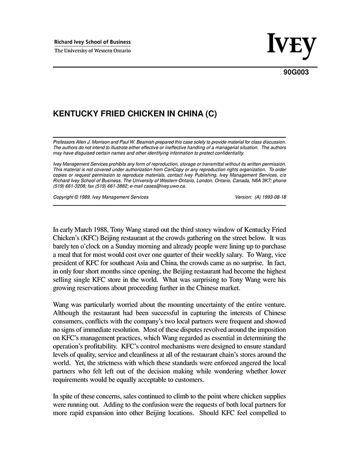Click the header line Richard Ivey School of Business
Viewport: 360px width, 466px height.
[93, 42]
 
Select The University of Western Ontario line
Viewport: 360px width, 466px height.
[93, 51]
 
